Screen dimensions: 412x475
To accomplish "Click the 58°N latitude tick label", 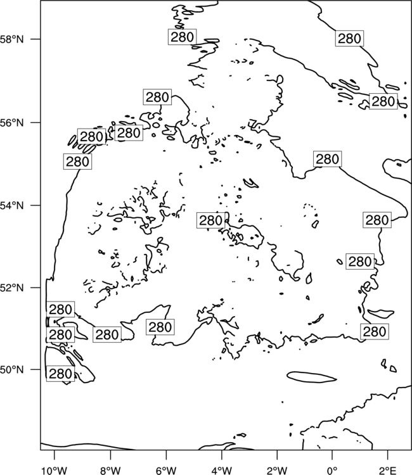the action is pos(12,39).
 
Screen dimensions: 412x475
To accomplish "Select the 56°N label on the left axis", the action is pos(12,123).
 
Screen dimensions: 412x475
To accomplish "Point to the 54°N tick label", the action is pos(12,205).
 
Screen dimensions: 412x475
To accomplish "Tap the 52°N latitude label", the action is pos(12,288).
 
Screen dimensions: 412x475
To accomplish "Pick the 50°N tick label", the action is pos(12,370).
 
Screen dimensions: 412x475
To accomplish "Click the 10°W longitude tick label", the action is pos(55,471).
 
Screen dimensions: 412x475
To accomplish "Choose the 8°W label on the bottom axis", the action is pos(110,471).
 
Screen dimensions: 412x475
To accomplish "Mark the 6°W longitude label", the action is pos(166,471).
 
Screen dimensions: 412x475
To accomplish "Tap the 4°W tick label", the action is pos(222,471).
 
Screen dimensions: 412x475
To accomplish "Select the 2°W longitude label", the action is pos(277,471).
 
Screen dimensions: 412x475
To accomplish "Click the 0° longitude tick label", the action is pos(332,471).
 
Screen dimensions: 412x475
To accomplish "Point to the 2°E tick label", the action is pos(388,471).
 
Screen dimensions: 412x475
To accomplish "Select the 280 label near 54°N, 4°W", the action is pos(211,220).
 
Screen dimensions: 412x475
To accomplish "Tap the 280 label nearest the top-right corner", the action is pos(349,39).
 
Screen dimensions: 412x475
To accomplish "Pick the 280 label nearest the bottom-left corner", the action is pos(60,374).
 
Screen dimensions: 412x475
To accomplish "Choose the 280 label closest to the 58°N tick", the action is pos(182,37).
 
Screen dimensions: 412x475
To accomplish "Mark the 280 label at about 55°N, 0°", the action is pos(328,159).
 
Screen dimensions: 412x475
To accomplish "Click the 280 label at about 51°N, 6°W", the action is pos(160,327).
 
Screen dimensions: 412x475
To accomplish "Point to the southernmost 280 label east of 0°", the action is pos(375,332).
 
